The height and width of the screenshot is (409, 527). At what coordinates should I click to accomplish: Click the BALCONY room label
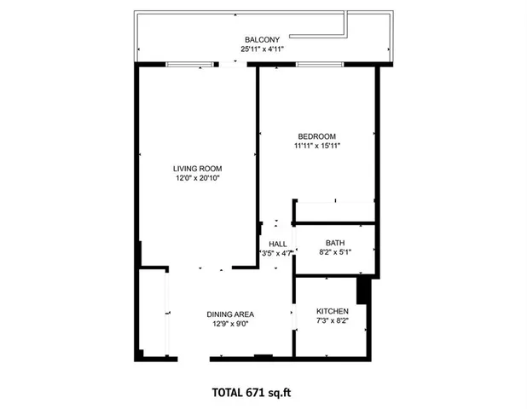[x=259, y=40]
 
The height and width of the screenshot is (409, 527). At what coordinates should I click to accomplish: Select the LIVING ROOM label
[x=198, y=169]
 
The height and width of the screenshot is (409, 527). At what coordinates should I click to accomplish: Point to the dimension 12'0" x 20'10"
[x=198, y=179]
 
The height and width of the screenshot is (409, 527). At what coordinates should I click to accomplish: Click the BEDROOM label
[x=316, y=136]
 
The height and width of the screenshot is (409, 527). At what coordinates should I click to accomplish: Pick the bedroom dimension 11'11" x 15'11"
[x=316, y=147]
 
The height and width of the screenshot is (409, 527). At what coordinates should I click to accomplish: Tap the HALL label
[x=277, y=244]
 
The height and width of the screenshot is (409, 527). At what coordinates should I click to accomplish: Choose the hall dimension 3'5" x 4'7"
[x=277, y=253]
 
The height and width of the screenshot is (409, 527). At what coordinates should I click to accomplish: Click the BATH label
[x=334, y=244]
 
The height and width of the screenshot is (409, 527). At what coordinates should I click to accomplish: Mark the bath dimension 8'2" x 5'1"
[x=334, y=253]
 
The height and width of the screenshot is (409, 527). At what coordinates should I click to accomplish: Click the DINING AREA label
[x=230, y=314]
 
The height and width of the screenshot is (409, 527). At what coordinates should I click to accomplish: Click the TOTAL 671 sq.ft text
[x=257, y=393]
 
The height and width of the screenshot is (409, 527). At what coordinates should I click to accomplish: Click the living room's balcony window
[x=190, y=64]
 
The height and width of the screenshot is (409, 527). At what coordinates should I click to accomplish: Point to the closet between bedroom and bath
[x=334, y=212]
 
